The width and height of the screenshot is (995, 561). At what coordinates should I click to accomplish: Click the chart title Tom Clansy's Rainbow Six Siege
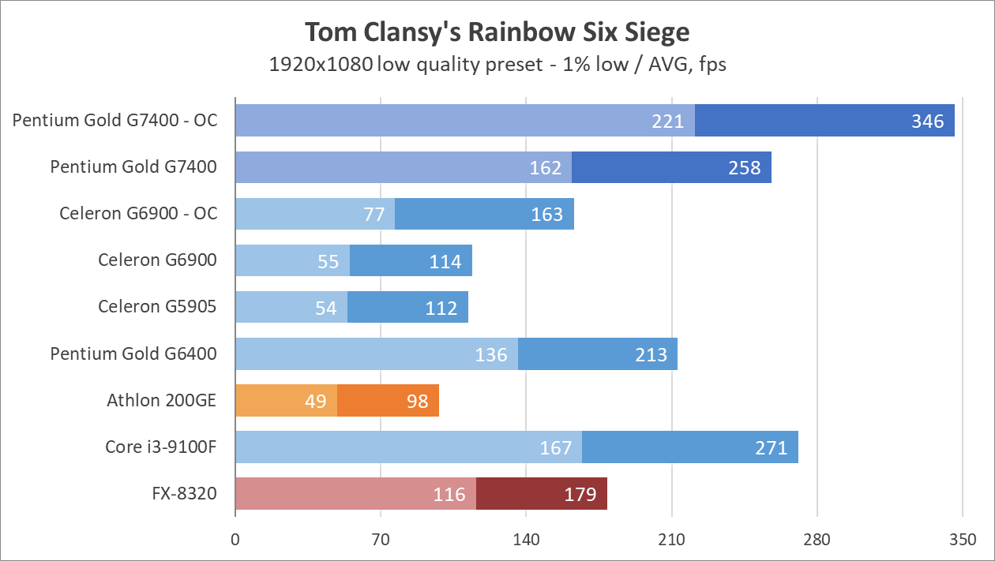[x=497, y=32]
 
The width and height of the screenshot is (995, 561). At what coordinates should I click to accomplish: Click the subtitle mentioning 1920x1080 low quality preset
[x=497, y=65]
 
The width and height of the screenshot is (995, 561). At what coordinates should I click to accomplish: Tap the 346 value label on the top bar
[x=927, y=122]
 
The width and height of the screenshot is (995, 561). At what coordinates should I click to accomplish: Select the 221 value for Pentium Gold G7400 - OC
[x=668, y=122]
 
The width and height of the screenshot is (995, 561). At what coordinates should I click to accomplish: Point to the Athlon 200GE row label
[x=161, y=401]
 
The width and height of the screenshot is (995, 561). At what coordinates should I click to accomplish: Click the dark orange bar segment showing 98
[x=388, y=401]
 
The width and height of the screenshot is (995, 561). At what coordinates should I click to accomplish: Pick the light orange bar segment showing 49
[x=286, y=401]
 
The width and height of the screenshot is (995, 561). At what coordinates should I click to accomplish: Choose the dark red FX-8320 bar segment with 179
[x=542, y=494]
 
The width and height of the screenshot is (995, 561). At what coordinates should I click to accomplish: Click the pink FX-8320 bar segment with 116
[x=355, y=494]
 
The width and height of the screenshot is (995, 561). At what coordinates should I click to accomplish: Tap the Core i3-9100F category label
[x=160, y=447]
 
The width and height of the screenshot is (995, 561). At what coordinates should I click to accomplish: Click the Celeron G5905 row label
[x=157, y=307]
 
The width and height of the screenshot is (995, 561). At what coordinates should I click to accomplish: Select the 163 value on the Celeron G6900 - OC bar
[x=546, y=215]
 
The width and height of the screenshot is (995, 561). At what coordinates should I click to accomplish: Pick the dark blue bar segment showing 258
[x=671, y=167]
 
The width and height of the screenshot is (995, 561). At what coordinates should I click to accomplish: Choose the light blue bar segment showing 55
[x=292, y=260]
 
